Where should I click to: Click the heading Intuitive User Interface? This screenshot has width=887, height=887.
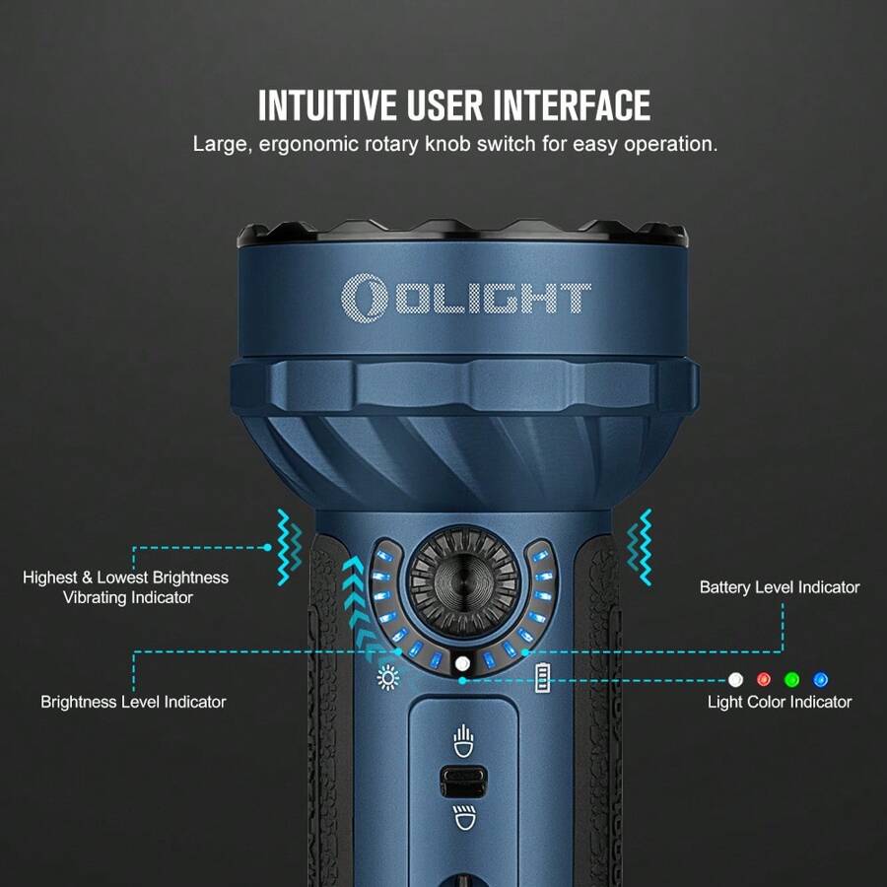(454, 105)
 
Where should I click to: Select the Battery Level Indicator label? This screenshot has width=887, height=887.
(780, 587)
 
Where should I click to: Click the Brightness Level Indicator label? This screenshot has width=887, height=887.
(133, 702)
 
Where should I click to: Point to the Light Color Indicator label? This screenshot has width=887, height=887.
(780, 702)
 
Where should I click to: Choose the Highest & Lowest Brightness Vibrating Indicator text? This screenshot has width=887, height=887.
(125, 587)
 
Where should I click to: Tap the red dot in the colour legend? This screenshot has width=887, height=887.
(763, 680)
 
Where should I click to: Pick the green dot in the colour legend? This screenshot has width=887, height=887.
(791, 680)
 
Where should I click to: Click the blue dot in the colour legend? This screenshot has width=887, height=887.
(820, 680)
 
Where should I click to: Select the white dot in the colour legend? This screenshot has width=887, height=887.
(734, 680)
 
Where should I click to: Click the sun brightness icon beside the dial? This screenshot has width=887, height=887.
(387, 678)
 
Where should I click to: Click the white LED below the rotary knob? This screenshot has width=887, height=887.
(462, 663)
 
